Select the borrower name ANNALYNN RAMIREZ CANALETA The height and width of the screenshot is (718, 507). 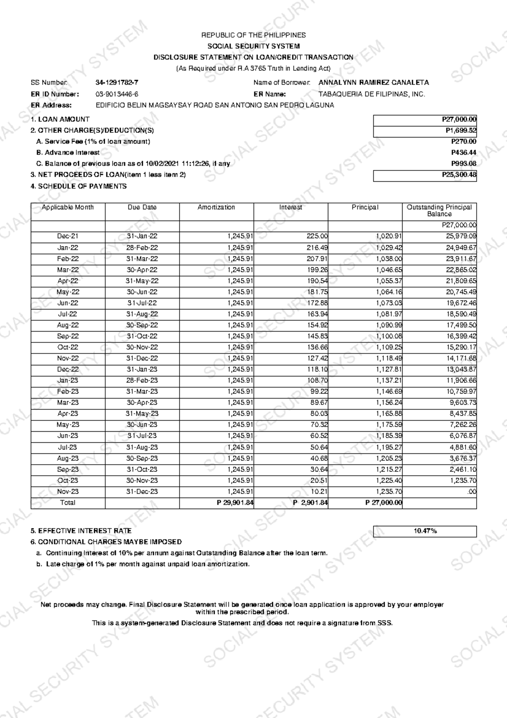pos(373,83)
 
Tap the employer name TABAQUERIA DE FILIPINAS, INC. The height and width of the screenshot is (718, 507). pos(371,94)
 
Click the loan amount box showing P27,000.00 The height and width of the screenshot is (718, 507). pos(425,120)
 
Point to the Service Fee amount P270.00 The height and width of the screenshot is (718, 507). pos(463,142)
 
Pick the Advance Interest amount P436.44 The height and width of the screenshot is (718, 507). pos(463,153)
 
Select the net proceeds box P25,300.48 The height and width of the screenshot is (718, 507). pos(425,175)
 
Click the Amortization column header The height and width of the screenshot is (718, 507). pos(216,207)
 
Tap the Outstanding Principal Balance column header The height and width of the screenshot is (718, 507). pos(439,210)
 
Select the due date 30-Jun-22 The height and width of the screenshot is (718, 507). pos(142,292)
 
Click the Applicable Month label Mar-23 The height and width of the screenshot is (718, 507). pos(68,403)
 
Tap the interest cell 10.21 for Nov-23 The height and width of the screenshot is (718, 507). pos(319,491)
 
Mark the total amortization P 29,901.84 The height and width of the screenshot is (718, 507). pos(235,503)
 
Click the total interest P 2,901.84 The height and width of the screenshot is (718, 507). pos(310,503)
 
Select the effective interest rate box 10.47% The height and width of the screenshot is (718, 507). pos(425,531)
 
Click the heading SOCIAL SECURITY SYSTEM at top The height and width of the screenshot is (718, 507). pos(253,46)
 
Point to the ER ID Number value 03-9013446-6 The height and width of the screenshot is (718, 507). pos(117,94)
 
